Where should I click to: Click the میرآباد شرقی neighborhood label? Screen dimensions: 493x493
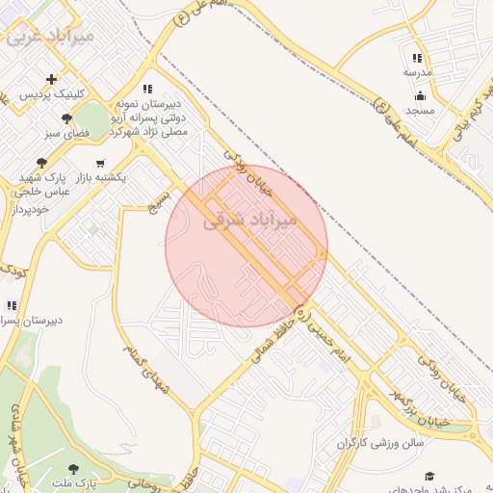pos(252,221)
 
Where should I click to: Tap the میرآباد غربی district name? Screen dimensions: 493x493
pos(50,38)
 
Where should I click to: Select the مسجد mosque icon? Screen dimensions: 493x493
pos(420,95)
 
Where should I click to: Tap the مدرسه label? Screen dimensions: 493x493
pos(417,73)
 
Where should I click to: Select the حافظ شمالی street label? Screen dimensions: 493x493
pos(268,342)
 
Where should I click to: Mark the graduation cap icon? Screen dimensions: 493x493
pos(429,476)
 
